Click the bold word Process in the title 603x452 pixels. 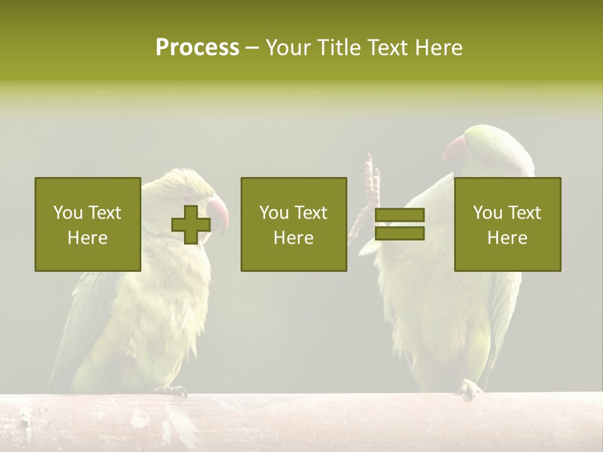[197, 48]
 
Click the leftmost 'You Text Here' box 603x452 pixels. [88, 224]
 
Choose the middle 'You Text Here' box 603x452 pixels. [294, 224]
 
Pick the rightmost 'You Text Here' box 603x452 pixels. [508, 224]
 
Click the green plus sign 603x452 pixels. [191, 224]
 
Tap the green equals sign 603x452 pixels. [399, 224]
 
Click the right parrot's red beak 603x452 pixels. [455, 151]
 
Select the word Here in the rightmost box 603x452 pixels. [508, 237]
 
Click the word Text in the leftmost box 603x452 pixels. [105, 213]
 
